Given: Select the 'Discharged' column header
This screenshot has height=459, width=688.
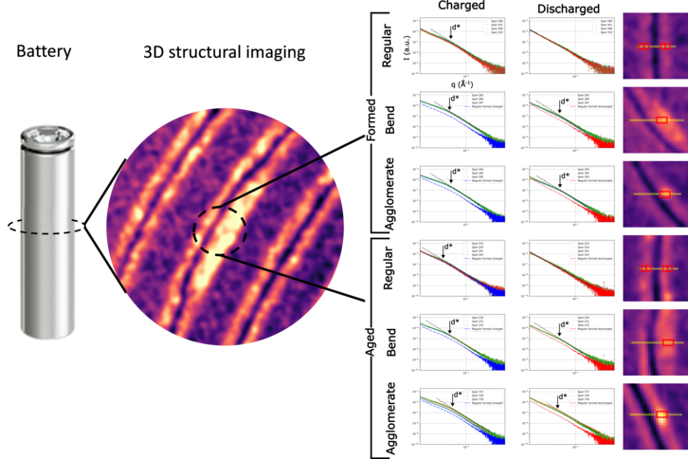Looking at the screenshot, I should pos(570,9).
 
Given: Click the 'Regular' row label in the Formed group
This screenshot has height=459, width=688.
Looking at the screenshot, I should pos(387,48).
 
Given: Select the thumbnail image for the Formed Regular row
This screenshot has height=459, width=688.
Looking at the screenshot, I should pos(655,46).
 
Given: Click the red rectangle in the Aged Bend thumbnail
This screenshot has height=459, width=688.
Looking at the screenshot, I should pos(668,341).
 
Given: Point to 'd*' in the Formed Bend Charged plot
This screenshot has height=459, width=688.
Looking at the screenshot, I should pos(454,98).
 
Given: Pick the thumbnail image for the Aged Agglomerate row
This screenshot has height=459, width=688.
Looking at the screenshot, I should pos(655,415).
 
